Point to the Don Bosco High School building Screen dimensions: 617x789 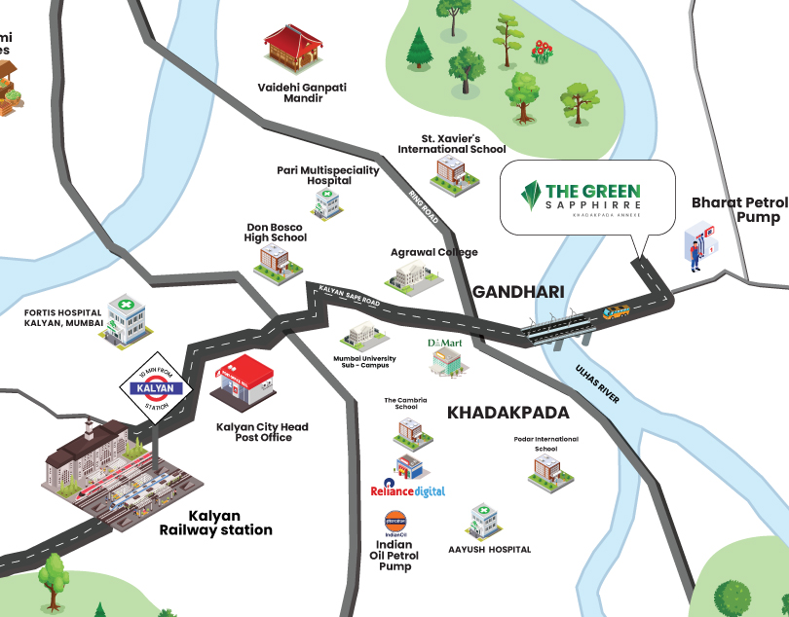pyautogui.click(x=274, y=259)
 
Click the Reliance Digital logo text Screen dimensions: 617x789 pyautogui.click(x=409, y=491)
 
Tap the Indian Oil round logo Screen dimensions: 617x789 pyautogui.click(x=395, y=520)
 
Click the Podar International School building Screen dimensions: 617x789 pyautogui.click(x=545, y=470)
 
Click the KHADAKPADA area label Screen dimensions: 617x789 pyautogui.click(x=507, y=413)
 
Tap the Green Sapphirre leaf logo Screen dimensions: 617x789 pyautogui.click(x=531, y=198)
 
